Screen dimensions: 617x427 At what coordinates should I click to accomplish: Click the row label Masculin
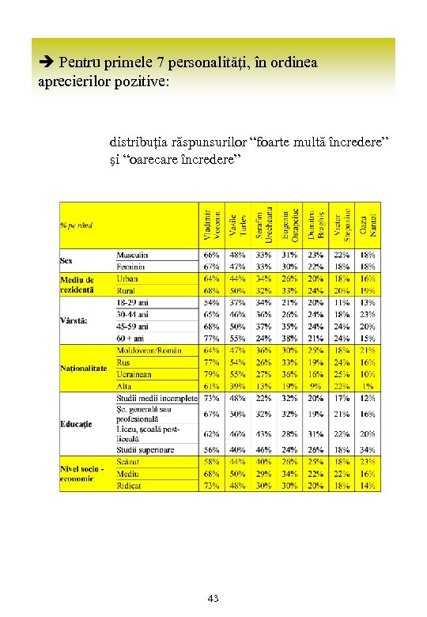[133, 256]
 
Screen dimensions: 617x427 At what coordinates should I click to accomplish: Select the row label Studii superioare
[145, 449]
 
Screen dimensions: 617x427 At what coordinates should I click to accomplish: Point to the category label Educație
[76, 424]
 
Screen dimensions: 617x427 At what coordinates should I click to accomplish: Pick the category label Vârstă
[74, 320]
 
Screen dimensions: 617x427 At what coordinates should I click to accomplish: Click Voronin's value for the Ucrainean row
[211, 374]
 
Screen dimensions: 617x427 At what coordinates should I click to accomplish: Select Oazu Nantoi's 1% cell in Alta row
[368, 385]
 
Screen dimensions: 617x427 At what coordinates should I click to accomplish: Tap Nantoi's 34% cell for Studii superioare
[368, 449]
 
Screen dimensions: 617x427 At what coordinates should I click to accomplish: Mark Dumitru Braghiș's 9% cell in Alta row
[316, 385]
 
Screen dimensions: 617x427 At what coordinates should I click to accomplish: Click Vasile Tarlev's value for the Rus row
[237, 362]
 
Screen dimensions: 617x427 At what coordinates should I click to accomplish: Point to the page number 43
[213, 599]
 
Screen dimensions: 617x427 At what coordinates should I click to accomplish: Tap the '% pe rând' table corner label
[77, 225]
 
